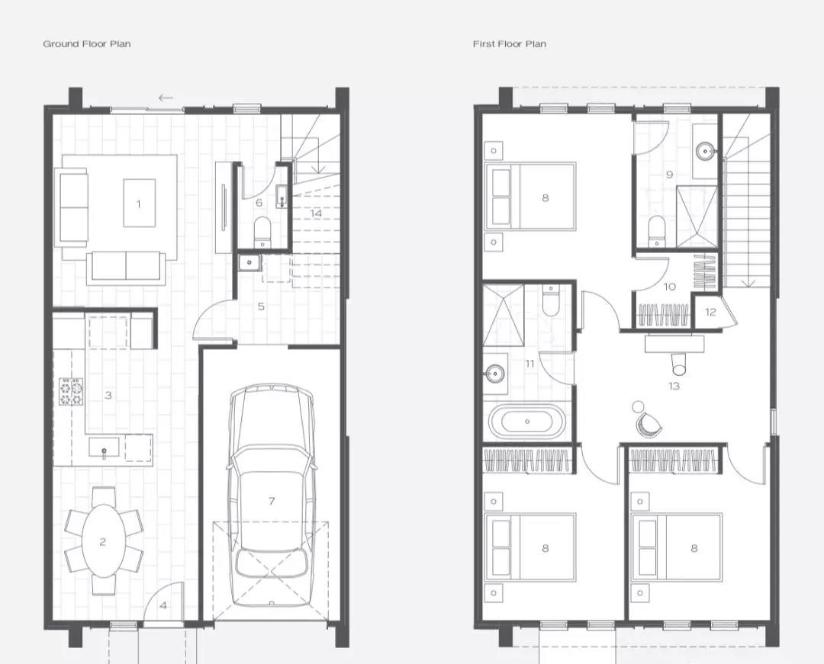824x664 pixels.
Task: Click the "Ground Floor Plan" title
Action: pos(87,44)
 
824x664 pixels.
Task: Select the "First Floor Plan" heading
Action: pos(509,44)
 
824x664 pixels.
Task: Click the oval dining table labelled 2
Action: pos(104,541)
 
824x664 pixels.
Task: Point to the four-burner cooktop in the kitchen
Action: pos(71,392)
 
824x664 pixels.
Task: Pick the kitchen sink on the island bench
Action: pos(104,449)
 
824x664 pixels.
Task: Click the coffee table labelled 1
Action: pos(140,203)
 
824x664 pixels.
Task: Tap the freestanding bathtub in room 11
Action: pos(528,421)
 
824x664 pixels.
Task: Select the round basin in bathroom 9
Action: pos(705,151)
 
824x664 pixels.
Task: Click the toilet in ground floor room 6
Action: pos(262,231)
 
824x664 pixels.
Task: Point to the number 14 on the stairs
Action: pos(316,213)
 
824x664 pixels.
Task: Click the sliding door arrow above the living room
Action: pos(166,98)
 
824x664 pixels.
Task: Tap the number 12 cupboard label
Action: pos(710,312)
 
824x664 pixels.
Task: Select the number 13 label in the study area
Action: pos(674,387)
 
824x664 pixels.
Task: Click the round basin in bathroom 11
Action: pos(495,374)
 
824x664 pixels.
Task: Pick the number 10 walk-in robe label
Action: pos(670,287)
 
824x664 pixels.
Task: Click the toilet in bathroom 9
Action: pos(657,230)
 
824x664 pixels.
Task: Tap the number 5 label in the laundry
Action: pos(261,306)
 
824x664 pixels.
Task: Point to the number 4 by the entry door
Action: pos(163,606)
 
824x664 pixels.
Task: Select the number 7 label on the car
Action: pos(271,502)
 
